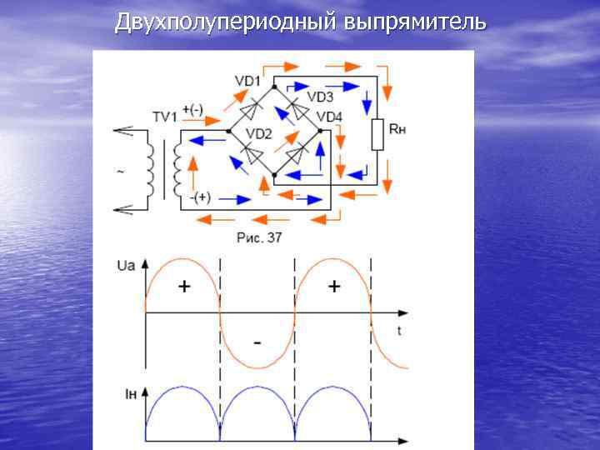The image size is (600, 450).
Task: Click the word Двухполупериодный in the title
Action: [226, 22]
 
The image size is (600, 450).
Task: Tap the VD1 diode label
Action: [247, 81]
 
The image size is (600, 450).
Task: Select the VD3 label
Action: [320, 97]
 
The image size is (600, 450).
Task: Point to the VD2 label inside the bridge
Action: [259, 134]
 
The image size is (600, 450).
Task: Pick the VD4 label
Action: [329, 117]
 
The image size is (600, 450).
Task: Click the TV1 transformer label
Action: [165, 117]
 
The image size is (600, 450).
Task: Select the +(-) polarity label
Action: [192, 109]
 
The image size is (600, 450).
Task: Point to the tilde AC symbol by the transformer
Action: [122, 173]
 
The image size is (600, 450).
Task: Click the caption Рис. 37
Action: [259, 237]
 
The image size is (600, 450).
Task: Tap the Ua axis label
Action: [126, 266]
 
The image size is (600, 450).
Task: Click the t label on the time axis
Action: [399, 330]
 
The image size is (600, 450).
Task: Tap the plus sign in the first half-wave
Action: [183, 287]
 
